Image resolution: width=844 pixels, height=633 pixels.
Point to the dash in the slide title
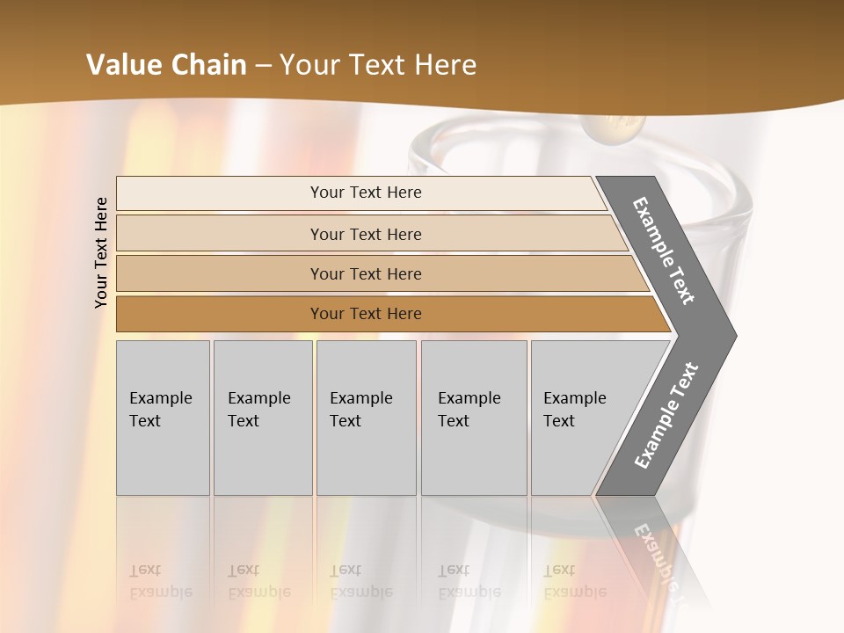pyautogui.click(x=262, y=66)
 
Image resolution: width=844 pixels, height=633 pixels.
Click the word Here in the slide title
pyautogui.click(x=445, y=65)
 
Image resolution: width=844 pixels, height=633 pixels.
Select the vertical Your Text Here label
pyautogui.click(x=101, y=252)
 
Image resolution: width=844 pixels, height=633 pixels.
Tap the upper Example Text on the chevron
pyautogui.click(x=664, y=251)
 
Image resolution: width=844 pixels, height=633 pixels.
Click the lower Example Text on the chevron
pyautogui.click(x=666, y=416)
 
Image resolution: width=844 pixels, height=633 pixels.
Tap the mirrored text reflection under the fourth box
pyautogui.click(x=469, y=581)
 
